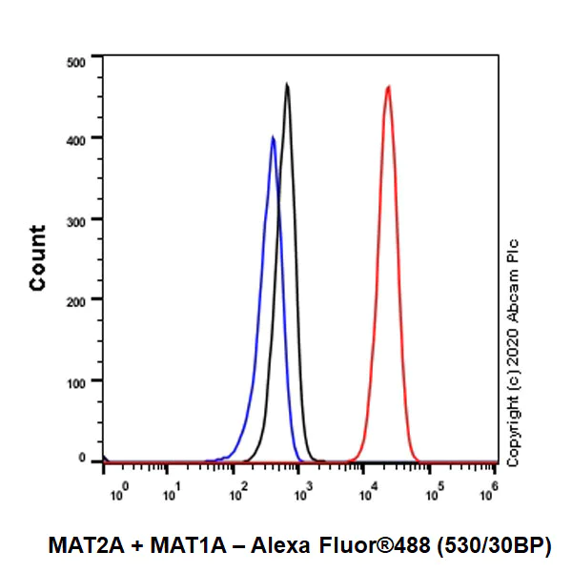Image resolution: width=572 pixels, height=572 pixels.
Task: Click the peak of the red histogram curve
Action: pyautogui.click(x=388, y=87)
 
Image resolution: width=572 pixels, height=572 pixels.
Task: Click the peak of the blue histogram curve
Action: pyautogui.click(x=273, y=137)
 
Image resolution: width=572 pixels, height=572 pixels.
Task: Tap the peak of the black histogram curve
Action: pyautogui.click(x=287, y=85)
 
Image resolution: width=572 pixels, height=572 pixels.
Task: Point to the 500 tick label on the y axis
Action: pyautogui.click(x=76, y=62)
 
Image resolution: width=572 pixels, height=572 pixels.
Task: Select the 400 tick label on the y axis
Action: pyautogui.click(x=76, y=139)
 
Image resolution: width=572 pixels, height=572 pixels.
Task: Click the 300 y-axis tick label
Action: pyautogui.click(x=76, y=220)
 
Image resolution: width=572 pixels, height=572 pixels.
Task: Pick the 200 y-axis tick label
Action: pyautogui.click(x=76, y=300)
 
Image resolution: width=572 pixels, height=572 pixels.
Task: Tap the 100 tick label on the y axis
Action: pyautogui.click(x=76, y=381)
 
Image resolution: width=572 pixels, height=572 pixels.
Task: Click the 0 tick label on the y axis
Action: pyautogui.click(x=83, y=460)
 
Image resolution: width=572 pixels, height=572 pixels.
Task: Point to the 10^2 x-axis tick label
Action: pyautogui.click(x=238, y=491)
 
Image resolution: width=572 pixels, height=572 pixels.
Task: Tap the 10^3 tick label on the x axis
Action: pyautogui.click(x=302, y=491)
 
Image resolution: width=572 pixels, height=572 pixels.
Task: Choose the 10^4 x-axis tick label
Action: pyautogui.click(x=366, y=491)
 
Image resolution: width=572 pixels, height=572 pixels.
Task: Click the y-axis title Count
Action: pyautogui.click(x=38, y=258)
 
